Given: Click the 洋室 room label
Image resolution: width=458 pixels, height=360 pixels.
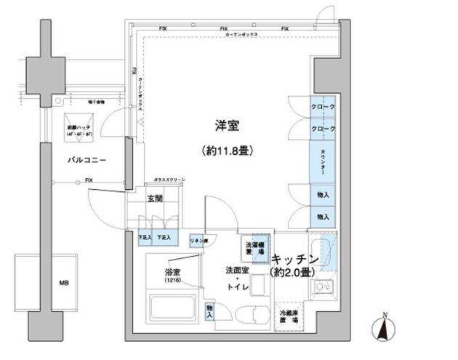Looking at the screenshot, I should click(227, 125).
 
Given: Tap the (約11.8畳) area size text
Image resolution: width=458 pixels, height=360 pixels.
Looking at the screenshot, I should click(228, 151).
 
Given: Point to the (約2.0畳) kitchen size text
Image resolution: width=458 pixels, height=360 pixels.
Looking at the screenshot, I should click(292, 273).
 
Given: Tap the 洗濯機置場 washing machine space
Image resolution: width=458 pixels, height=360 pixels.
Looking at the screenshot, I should click(254, 247).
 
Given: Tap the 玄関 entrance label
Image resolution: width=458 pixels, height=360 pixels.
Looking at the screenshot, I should click(154, 199).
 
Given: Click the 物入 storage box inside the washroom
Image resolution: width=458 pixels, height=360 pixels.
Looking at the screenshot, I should click(210, 311).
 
